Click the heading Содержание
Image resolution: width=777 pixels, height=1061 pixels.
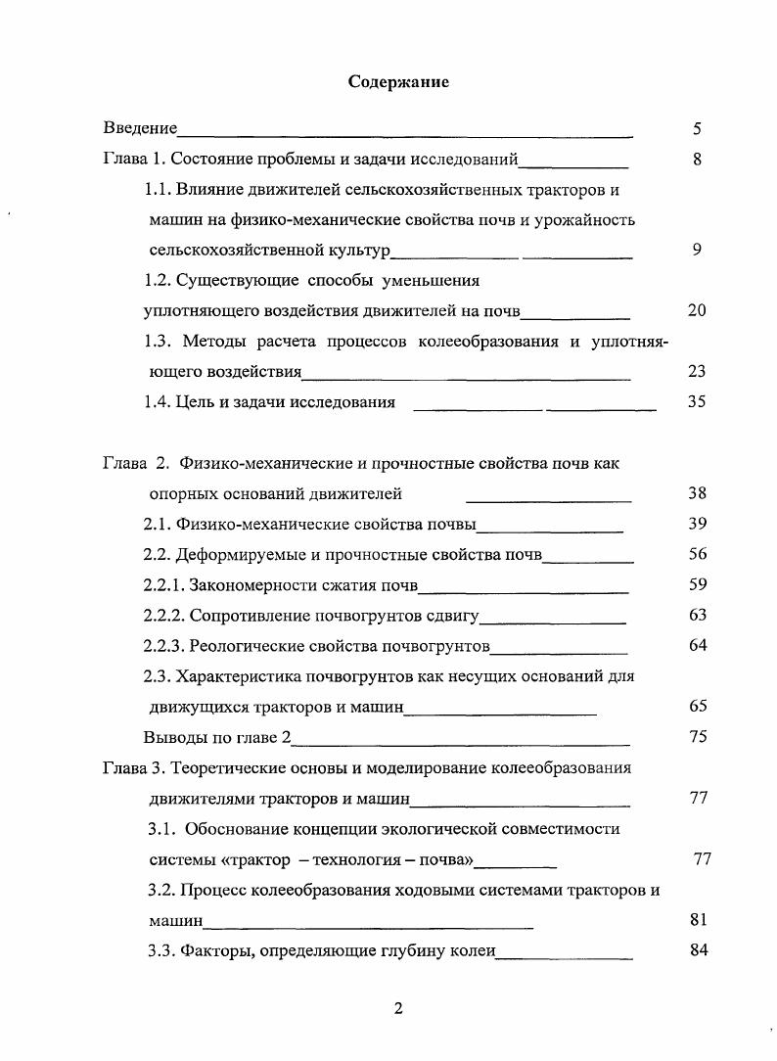point(398,82)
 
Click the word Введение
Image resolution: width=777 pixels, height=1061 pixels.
point(140,128)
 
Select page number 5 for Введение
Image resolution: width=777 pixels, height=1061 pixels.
point(697,128)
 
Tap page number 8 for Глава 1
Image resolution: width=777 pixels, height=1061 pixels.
point(697,159)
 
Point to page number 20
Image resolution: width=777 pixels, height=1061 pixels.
point(697,310)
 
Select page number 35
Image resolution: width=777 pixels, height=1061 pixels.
point(697,401)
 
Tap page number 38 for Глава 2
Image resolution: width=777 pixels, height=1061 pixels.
point(697,493)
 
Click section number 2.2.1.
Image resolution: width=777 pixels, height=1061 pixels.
point(167,585)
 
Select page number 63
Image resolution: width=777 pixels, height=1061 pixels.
point(697,615)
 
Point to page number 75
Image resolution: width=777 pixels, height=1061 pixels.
point(697,737)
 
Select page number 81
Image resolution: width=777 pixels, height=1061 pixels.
point(698,920)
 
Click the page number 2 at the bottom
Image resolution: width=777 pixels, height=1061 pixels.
point(398,1009)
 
